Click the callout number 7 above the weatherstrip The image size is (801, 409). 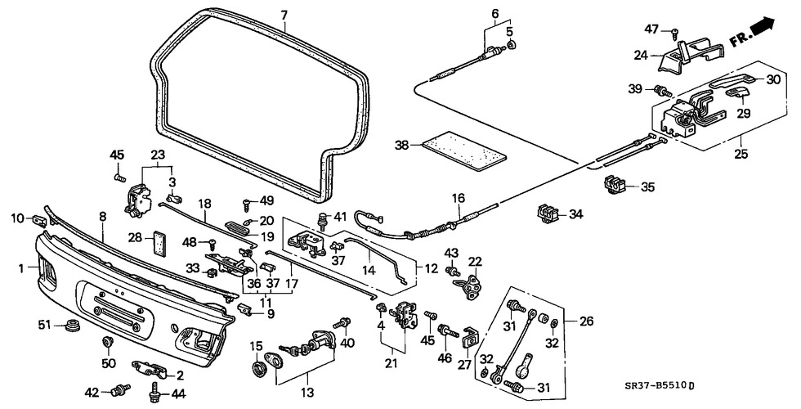[284, 15]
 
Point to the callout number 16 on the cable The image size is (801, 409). [458, 199]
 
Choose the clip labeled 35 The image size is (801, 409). [615, 185]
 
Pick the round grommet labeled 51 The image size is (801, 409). [72, 328]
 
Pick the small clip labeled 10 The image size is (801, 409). [39, 219]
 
